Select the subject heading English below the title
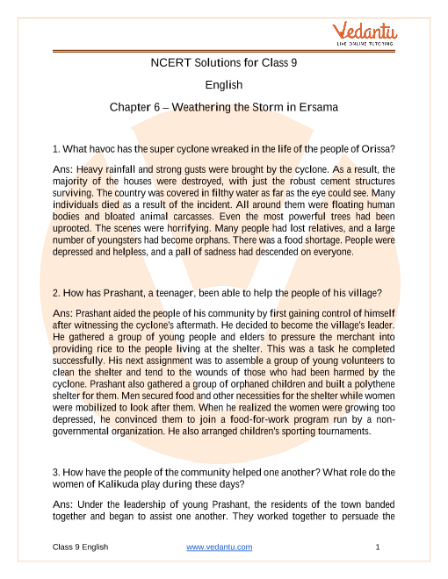(x=223, y=85)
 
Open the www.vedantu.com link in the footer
(x=220, y=547)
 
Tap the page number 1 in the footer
(x=376, y=547)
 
